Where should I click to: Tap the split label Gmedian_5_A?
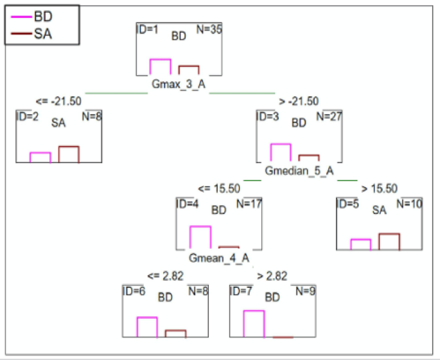(299, 171)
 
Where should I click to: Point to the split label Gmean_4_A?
(219, 259)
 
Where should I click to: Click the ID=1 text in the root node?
(148, 30)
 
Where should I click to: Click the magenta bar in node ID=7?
(254, 324)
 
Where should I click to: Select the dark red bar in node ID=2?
(69, 154)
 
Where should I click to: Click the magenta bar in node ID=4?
(200, 237)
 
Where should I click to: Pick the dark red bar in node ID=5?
(389, 242)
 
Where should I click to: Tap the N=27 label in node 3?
(328, 117)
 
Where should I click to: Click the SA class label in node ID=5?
(379, 210)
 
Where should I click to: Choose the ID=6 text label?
(134, 291)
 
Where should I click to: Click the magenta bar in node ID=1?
(160, 67)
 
